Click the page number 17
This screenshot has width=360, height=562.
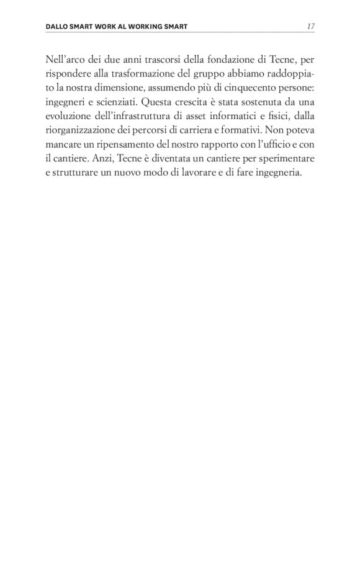311,27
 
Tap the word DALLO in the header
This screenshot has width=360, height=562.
58,27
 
